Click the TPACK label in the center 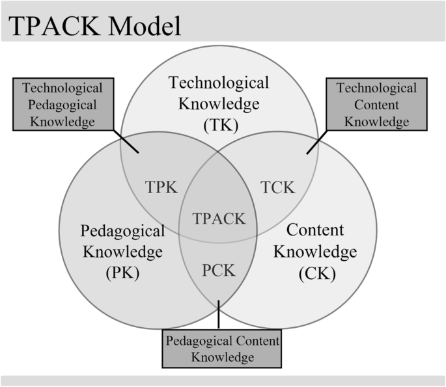[x=219, y=218]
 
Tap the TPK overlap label [x=161, y=187]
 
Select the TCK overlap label [x=277, y=187]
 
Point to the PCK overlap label [x=219, y=269]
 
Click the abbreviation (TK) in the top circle [x=219, y=124]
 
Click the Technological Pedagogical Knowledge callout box [x=63, y=104]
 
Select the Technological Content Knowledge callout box [x=376, y=104]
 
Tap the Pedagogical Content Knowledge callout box [x=222, y=349]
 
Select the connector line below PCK [x=219, y=315]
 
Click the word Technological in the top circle [x=219, y=83]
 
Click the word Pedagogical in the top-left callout [x=63, y=104]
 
